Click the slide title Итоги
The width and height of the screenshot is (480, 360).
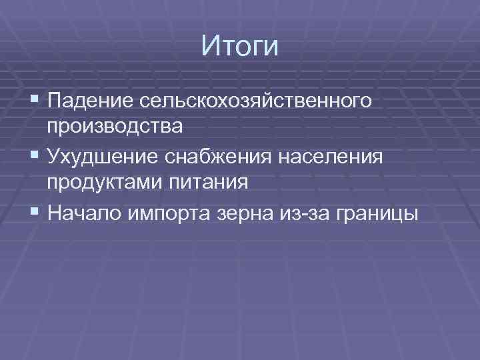[239, 47]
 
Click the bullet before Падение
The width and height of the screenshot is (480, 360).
[35, 101]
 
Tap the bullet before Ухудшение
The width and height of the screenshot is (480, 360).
[35, 157]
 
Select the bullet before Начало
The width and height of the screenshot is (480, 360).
[35, 213]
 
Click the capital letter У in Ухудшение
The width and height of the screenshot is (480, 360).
[54, 157]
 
